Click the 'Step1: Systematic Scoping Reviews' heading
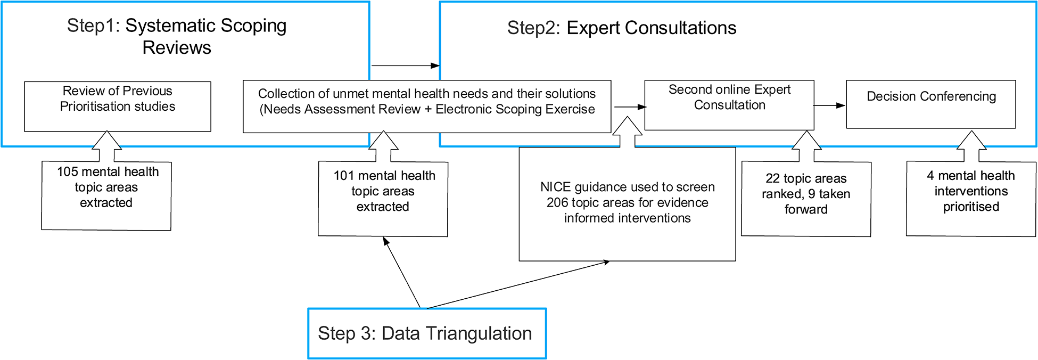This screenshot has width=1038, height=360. [177, 36]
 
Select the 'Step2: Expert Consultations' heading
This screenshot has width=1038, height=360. [621, 28]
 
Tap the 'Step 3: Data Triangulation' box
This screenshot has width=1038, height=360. [426, 333]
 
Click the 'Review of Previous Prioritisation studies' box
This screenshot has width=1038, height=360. [118, 106]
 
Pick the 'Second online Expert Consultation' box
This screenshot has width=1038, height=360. [729, 104]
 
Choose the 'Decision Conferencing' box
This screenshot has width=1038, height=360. [931, 104]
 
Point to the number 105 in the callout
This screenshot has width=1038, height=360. [68, 172]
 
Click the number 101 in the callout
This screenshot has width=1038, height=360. [344, 176]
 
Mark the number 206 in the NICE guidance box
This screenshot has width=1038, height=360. [557, 203]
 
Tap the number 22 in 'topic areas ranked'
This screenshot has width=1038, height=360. [772, 178]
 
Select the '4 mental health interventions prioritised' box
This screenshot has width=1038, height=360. [971, 198]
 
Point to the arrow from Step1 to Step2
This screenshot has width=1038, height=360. [405, 66]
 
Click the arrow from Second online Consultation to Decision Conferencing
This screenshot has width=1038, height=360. [830, 105]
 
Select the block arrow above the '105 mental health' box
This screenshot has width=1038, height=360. [107, 146]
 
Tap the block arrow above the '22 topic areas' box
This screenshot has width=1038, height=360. [806, 146]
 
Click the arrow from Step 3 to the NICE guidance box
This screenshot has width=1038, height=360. [516, 285]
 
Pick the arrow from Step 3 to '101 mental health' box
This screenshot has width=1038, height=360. [402, 273]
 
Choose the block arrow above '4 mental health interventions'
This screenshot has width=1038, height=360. [971, 146]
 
